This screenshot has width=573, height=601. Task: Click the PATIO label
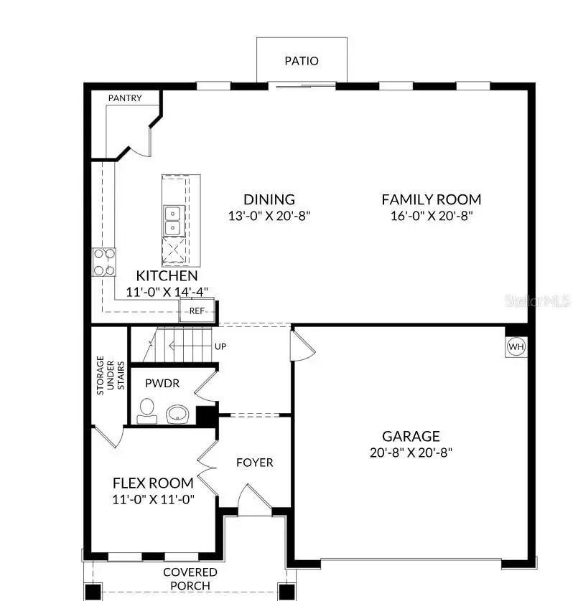[x=302, y=61]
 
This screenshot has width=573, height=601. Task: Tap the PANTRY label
[x=125, y=98]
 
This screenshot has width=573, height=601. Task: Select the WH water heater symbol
[x=516, y=347]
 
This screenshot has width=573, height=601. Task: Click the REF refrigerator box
[x=197, y=311]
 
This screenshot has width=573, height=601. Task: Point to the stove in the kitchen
[x=104, y=262]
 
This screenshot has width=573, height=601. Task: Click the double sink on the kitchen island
[x=172, y=220]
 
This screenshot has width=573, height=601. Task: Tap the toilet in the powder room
[x=146, y=411]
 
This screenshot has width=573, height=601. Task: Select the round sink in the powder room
[x=177, y=413]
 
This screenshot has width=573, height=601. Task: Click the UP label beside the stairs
[x=220, y=346]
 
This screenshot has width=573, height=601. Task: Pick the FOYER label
[x=255, y=463]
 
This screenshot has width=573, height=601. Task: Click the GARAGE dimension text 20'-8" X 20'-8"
[x=411, y=453]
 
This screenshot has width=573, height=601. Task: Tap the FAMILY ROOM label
[x=431, y=200]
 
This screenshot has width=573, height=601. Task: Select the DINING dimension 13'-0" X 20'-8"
[x=269, y=215]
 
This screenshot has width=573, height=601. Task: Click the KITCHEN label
[x=167, y=276]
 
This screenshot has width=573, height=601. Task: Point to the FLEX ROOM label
[x=153, y=483]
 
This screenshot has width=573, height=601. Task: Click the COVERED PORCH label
[x=190, y=579]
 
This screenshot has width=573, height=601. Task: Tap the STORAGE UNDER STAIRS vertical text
[x=111, y=373]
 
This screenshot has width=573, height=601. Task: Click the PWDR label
[x=162, y=384]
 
